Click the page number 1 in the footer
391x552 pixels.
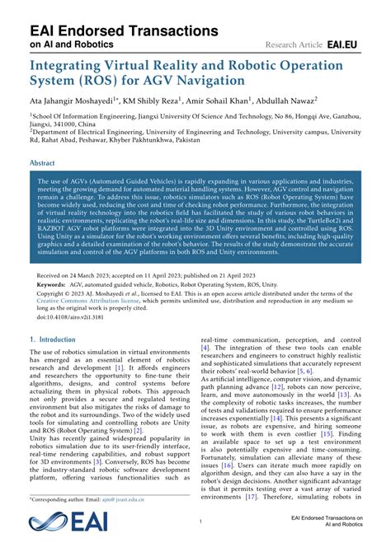200,522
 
